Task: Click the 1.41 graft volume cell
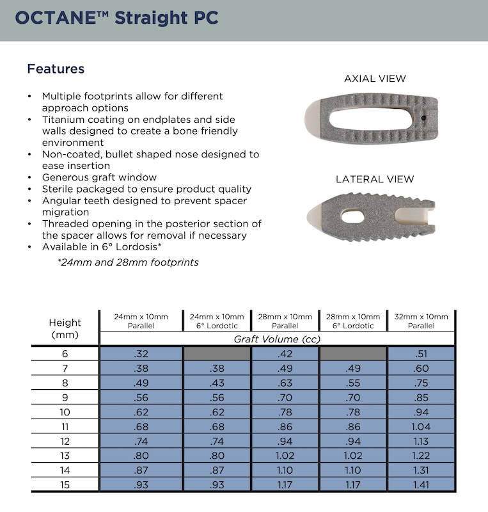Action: [x=420, y=484]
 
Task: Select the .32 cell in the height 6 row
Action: [x=141, y=353]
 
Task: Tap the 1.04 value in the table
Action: [x=420, y=426]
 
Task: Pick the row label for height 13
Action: [x=65, y=455]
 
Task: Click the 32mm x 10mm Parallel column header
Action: [x=420, y=321]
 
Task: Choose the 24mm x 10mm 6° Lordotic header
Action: [x=217, y=321]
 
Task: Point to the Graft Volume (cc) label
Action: [x=277, y=339]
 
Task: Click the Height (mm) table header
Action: [x=65, y=328]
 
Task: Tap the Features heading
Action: [x=56, y=68]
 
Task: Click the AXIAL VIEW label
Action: [x=375, y=79]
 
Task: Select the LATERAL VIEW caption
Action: [x=375, y=179]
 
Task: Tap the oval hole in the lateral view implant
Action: [x=352, y=218]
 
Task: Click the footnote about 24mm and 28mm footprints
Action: [x=128, y=262]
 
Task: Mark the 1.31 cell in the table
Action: [x=420, y=470]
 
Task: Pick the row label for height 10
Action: [x=65, y=412]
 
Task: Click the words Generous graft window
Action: [x=99, y=177]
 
